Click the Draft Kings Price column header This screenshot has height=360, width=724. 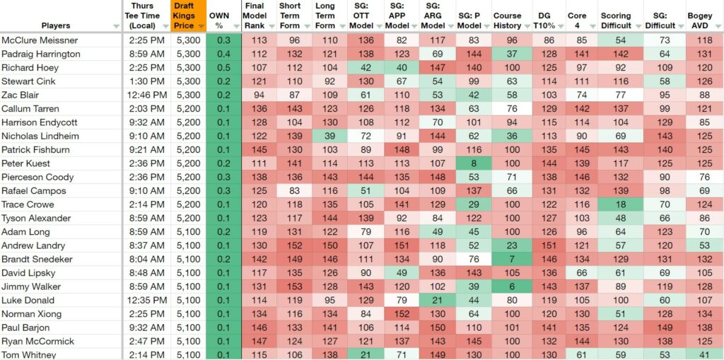[184, 16]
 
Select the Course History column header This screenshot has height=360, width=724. [507, 21]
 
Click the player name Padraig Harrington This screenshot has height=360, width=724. [41, 54]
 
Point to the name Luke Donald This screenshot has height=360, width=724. [28, 301]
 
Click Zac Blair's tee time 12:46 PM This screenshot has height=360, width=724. [144, 95]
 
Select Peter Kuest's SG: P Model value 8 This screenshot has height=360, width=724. [473, 163]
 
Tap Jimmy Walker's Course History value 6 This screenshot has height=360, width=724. [512, 286]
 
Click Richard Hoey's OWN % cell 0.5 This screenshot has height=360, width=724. [223, 68]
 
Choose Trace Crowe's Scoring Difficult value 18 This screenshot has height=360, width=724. [620, 204]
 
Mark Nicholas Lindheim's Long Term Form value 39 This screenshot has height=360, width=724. [328, 137]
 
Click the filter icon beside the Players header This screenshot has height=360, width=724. [116, 26]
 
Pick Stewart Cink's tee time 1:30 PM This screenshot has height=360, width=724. [144, 82]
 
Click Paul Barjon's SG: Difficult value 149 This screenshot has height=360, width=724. [665, 327]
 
